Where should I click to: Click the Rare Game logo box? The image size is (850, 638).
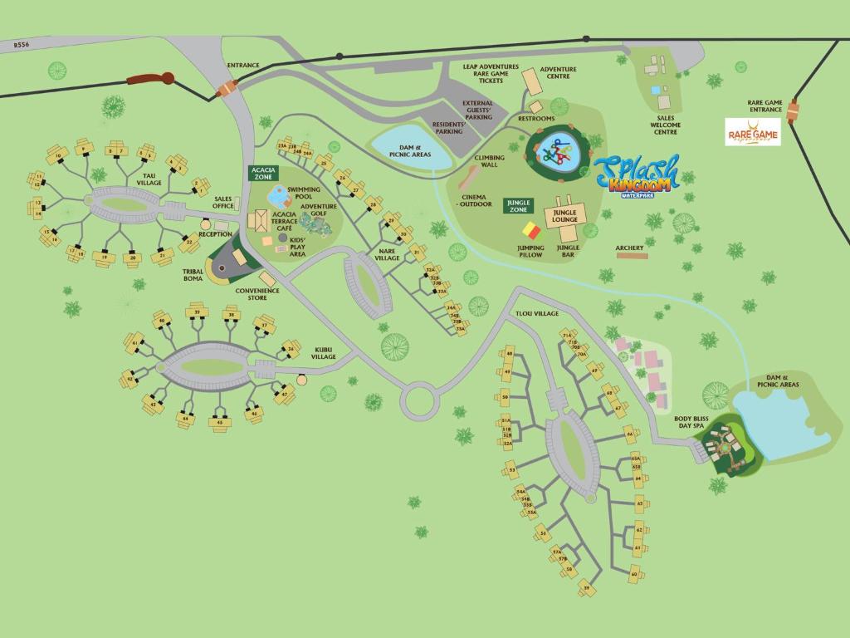tap(753, 131)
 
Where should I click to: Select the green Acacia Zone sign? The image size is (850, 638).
tap(264, 173)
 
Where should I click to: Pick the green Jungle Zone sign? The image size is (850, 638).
tap(518, 205)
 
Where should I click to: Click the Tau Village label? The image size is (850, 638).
tap(149, 179)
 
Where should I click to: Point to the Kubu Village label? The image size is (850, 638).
tap(324, 353)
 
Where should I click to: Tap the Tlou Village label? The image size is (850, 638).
tap(537, 313)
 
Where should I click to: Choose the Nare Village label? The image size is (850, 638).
tap(387, 254)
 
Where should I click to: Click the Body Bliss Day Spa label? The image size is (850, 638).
tap(689, 422)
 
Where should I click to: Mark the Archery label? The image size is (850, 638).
tap(629, 248)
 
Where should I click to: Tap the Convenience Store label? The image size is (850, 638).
tap(257, 293)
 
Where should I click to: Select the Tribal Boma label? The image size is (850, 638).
tap(193, 275)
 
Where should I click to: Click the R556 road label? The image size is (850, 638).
tap(22, 47)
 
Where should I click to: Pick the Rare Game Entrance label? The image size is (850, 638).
tap(765, 106)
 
